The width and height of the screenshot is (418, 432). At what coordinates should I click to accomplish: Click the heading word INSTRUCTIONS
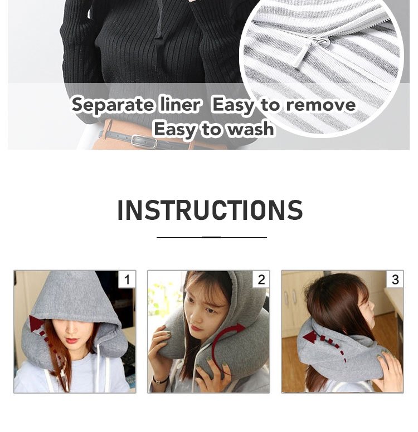click(210, 210)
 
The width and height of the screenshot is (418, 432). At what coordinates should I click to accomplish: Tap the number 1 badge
click(127, 279)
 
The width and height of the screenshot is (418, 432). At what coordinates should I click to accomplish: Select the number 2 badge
click(261, 279)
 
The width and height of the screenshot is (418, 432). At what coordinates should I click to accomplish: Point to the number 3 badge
click(395, 279)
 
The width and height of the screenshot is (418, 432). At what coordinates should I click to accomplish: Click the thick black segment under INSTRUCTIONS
click(211, 237)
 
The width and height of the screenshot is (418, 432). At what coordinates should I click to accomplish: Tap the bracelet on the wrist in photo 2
click(161, 380)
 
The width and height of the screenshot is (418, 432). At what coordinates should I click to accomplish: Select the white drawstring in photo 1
click(104, 367)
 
